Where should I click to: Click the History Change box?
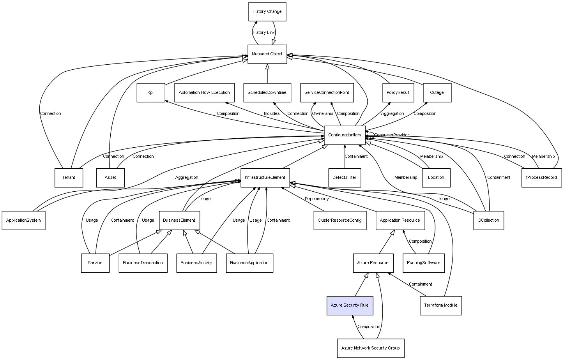tap(267, 12)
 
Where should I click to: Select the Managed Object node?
tap(267, 54)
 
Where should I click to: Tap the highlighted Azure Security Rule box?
tap(349, 305)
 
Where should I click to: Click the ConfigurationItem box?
tap(345, 135)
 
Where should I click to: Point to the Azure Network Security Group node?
tap(370, 348)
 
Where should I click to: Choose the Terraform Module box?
tap(440, 305)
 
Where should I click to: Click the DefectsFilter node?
tap(345, 178)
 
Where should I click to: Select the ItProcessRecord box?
tap(541, 178)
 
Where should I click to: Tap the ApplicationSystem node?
tap(23, 221)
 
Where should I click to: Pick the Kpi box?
tap(150, 93)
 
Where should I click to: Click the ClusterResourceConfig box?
tap(339, 221)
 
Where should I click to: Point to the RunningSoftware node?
tap(423, 263)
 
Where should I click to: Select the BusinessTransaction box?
tap(143, 263)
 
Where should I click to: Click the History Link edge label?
tap(263, 33)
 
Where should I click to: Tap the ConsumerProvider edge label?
tap(391, 135)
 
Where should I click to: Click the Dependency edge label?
tap(316, 199)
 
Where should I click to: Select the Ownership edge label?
tap(322, 114)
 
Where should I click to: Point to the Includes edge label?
tap(272, 114)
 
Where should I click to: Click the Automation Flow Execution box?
tap(204, 93)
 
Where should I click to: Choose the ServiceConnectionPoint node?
tap(327, 93)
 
